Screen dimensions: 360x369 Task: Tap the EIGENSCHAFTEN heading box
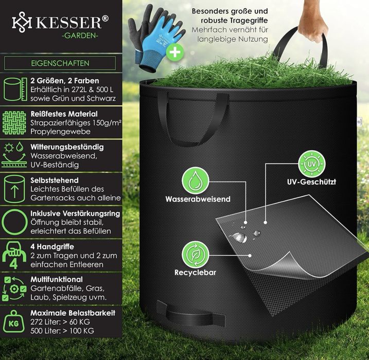[60, 64]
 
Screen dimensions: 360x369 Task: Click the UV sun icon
[311, 164]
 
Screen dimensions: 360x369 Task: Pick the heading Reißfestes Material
[64, 114]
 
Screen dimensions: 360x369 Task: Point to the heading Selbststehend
[55, 180]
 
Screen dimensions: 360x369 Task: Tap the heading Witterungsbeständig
[67, 147]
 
